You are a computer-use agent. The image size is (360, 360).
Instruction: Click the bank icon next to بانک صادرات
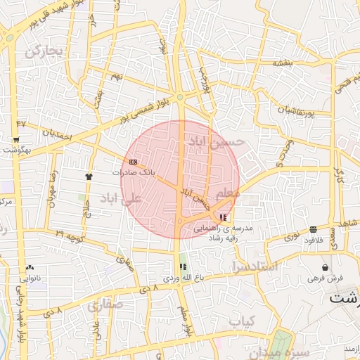133,162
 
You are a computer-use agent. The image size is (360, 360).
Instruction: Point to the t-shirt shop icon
89,176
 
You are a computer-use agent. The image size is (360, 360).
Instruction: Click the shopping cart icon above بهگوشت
15,140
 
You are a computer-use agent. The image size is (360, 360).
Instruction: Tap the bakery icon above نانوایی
30,268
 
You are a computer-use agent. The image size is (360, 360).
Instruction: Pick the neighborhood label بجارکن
44,51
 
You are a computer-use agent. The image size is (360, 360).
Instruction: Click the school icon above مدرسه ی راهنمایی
223,219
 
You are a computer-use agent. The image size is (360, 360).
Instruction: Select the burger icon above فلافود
313,230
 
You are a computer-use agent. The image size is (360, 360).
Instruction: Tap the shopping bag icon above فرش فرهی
325,268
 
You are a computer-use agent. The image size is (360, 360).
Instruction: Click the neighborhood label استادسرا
255,266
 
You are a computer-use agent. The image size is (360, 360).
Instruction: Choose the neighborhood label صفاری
105,304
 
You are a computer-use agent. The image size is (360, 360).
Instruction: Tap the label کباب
240,321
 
